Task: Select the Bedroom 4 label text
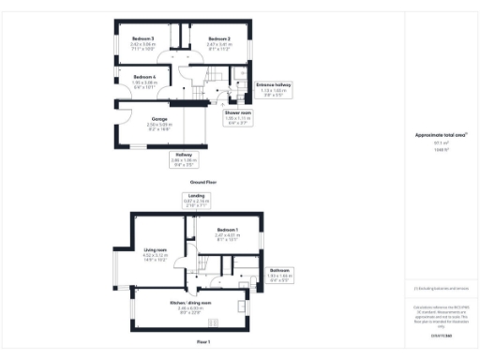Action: (142, 78)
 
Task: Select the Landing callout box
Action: (199, 199)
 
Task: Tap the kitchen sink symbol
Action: (245, 284)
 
